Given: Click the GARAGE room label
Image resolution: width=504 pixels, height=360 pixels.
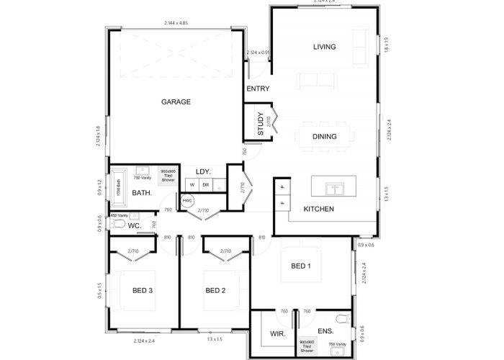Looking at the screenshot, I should [x=176, y=102].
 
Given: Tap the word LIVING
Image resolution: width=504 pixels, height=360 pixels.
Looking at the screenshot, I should [x=325, y=48].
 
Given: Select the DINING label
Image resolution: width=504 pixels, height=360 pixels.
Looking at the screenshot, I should [x=325, y=136].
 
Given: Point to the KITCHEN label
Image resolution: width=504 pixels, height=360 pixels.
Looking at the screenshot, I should [x=318, y=210].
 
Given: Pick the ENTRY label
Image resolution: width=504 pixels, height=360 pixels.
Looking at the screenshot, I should [x=258, y=89].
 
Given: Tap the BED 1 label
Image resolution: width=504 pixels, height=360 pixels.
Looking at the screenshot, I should [x=301, y=266].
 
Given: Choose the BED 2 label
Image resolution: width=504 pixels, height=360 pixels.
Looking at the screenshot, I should [x=216, y=291].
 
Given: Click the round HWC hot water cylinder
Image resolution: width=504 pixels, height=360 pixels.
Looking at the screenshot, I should [x=187, y=201].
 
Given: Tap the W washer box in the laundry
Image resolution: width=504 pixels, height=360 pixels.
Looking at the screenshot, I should [x=192, y=185].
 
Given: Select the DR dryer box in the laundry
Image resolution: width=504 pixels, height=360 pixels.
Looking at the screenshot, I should [x=205, y=185].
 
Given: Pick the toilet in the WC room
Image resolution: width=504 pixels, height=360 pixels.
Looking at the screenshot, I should [x=118, y=225].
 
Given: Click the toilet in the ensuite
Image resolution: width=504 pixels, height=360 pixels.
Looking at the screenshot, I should [x=343, y=318].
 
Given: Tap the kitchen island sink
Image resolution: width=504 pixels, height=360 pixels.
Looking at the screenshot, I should [x=333, y=189].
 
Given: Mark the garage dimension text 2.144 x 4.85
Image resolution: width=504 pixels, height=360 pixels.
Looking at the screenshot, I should [x=176, y=24].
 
